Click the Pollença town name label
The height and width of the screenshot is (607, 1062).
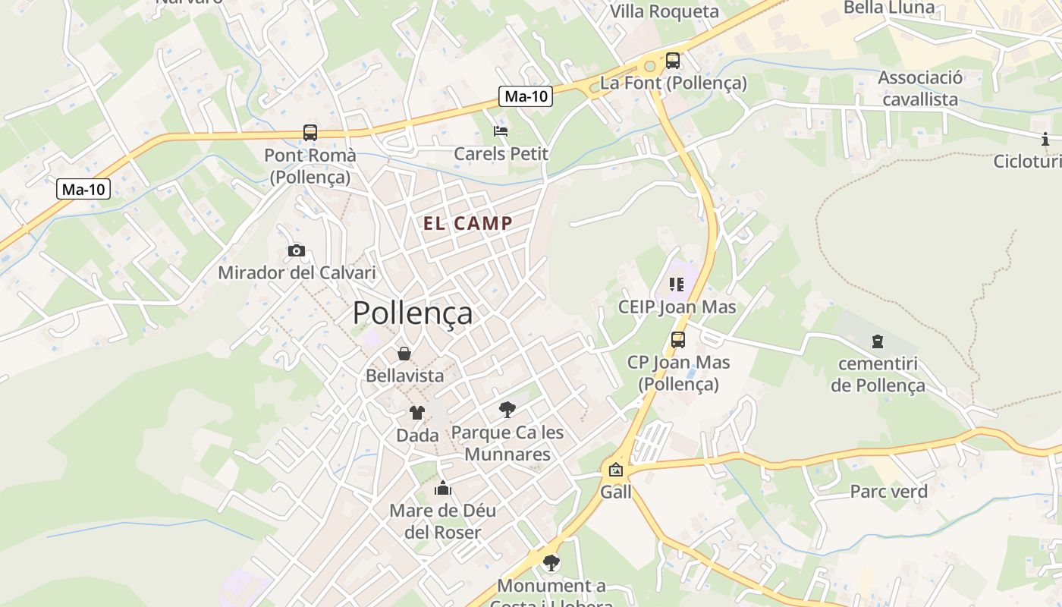pyautogui.click(x=413, y=313)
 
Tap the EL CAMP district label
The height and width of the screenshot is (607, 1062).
pyautogui.click(x=468, y=223)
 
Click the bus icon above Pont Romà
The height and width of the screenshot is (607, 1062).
pyautogui.click(x=309, y=133)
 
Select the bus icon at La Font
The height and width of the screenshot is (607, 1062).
pyautogui.click(x=673, y=61)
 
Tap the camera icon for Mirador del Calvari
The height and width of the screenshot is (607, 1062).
pyautogui.click(x=297, y=250)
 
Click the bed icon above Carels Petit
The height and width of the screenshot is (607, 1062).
pyautogui.click(x=501, y=131)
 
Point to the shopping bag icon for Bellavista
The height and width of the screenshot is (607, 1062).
pyautogui.click(x=404, y=354)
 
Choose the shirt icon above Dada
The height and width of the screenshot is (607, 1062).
pyautogui.click(x=417, y=413)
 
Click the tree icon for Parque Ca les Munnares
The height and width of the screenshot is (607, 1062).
pyautogui.click(x=507, y=410)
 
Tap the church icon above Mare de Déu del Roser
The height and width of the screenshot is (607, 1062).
pyautogui.click(x=443, y=488)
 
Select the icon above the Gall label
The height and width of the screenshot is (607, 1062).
pyautogui.click(x=615, y=470)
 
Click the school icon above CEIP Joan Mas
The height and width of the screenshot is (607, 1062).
pyautogui.click(x=677, y=285)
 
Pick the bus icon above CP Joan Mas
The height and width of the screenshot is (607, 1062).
pyautogui.click(x=678, y=340)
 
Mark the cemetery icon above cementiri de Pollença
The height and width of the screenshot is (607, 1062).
pyautogui.click(x=878, y=341)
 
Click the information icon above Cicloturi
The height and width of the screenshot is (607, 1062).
pyautogui.click(x=1045, y=139)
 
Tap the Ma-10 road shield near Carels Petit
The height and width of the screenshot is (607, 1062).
pyautogui.click(x=526, y=96)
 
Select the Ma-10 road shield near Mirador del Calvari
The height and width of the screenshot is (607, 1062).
pyautogui.click(x=83, y=189)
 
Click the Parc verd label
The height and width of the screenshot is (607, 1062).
pyautogui.click(x=888, y=492)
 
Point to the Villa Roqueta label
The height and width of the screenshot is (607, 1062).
pyautogui.click(x=665, y=11)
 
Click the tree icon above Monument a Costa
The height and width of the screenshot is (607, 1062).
pyautogui.click(x=551, y=563)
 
